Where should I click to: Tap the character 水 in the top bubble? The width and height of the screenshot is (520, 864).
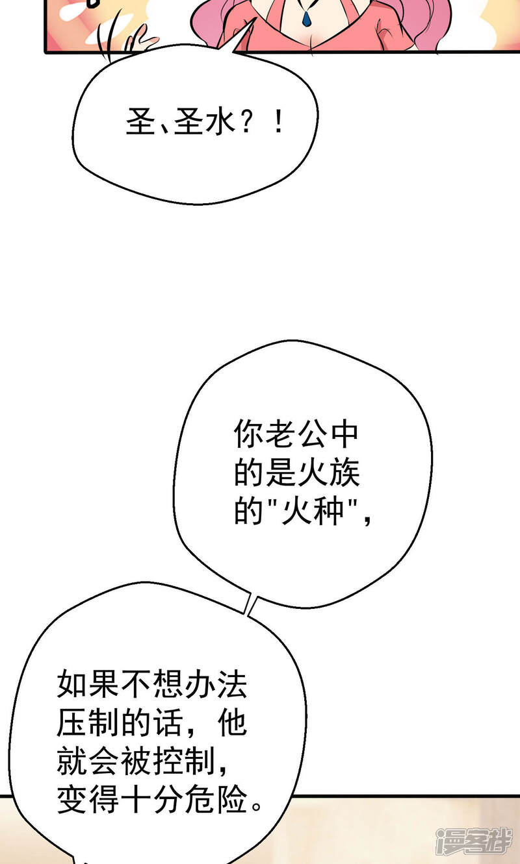(220, 123)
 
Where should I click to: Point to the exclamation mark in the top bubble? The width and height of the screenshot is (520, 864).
(279, 123)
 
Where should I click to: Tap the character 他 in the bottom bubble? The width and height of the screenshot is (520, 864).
(231, 722)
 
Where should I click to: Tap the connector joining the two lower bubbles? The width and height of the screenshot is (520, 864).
(248, 604)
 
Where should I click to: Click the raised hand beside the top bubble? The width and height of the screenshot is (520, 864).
(140, 42)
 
